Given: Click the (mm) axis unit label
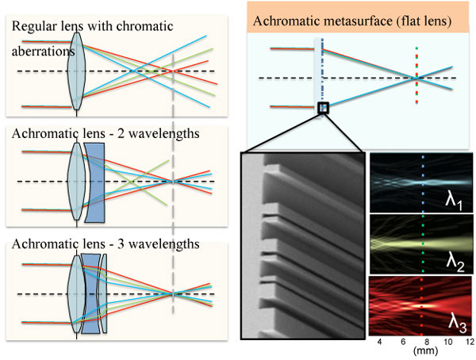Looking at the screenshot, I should pyautogui.click(x=423, y=353).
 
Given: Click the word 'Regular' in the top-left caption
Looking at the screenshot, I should pyautogui.click(x=34, y=27).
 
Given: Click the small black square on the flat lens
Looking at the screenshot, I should pyautogui.click(x=322, y=108).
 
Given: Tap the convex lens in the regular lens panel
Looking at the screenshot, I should pyautogui.click(x=76, y=70).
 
